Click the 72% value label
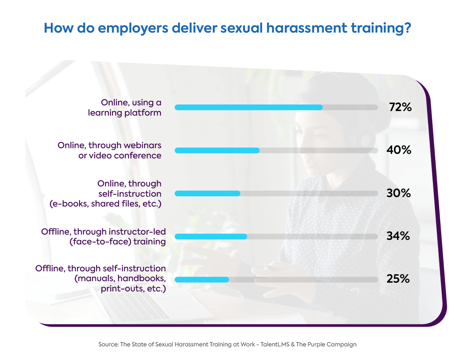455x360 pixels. click(x=400, y=107)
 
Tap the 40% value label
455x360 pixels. click(x=399, y=150)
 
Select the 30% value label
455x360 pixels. click(x=399, y=193)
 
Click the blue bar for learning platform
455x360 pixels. click(x=248, y=107)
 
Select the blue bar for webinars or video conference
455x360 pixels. click(x=217, y=150)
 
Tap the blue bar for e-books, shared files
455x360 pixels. click(x=207, y=194)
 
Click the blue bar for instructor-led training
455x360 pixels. click(x=211, y=236)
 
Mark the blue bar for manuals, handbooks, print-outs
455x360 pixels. click(x=202, y=280)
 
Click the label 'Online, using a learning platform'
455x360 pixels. click(x=125, y=108)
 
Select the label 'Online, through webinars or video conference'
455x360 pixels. click(x=110, y=150)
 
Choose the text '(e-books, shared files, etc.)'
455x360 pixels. click(x=106, y=203)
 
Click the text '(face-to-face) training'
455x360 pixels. click(x=118, y=241)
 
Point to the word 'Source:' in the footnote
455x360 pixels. click(x=108, y=344)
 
